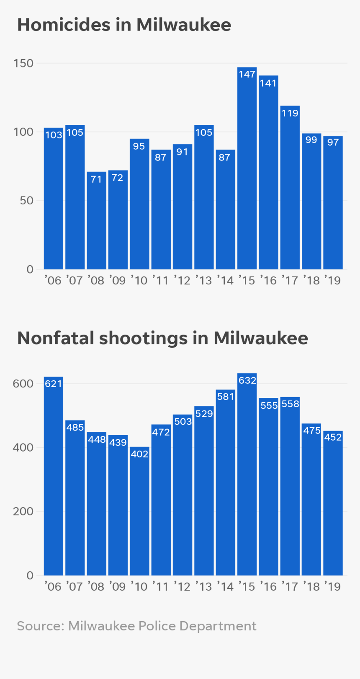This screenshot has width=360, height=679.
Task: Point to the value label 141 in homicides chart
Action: (x=268, y=83)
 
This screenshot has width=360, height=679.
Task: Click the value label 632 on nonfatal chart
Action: (x=247, y=380)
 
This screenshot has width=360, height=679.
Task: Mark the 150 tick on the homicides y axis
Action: (x=23, y=63)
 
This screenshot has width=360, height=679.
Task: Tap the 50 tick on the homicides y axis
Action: (x=26, y=201)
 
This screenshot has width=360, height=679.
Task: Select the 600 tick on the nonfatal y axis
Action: (x=23, y=384)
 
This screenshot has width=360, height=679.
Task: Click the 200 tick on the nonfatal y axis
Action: (x=23, y=511)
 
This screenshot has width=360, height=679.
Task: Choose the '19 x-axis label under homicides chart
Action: (x=333, y=280)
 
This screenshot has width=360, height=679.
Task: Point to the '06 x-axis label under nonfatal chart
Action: (x=53, y=586)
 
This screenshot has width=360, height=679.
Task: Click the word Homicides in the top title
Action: (x=64, y=25)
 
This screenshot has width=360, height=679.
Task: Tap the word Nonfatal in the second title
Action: (x=56, y=338)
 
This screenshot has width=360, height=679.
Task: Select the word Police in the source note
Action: (x=157, y=626)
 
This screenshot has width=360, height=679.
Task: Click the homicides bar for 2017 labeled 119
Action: (x=290, y=193)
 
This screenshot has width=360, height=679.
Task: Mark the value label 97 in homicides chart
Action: (x=333, y=142)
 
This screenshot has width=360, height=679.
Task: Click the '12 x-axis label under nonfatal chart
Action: (x=182, y=586)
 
